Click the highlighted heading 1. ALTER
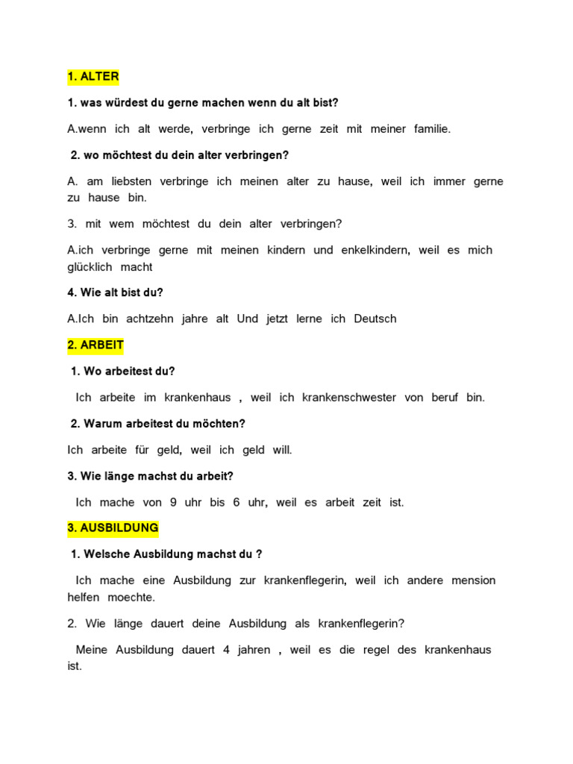93,76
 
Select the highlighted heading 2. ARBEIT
95,345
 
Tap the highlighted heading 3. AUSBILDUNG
113,527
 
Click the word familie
433,129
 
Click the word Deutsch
375,319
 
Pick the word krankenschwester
349,398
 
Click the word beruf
445,398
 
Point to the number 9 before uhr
173,502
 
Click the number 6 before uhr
236,502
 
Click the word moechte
132,598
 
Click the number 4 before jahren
226,649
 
